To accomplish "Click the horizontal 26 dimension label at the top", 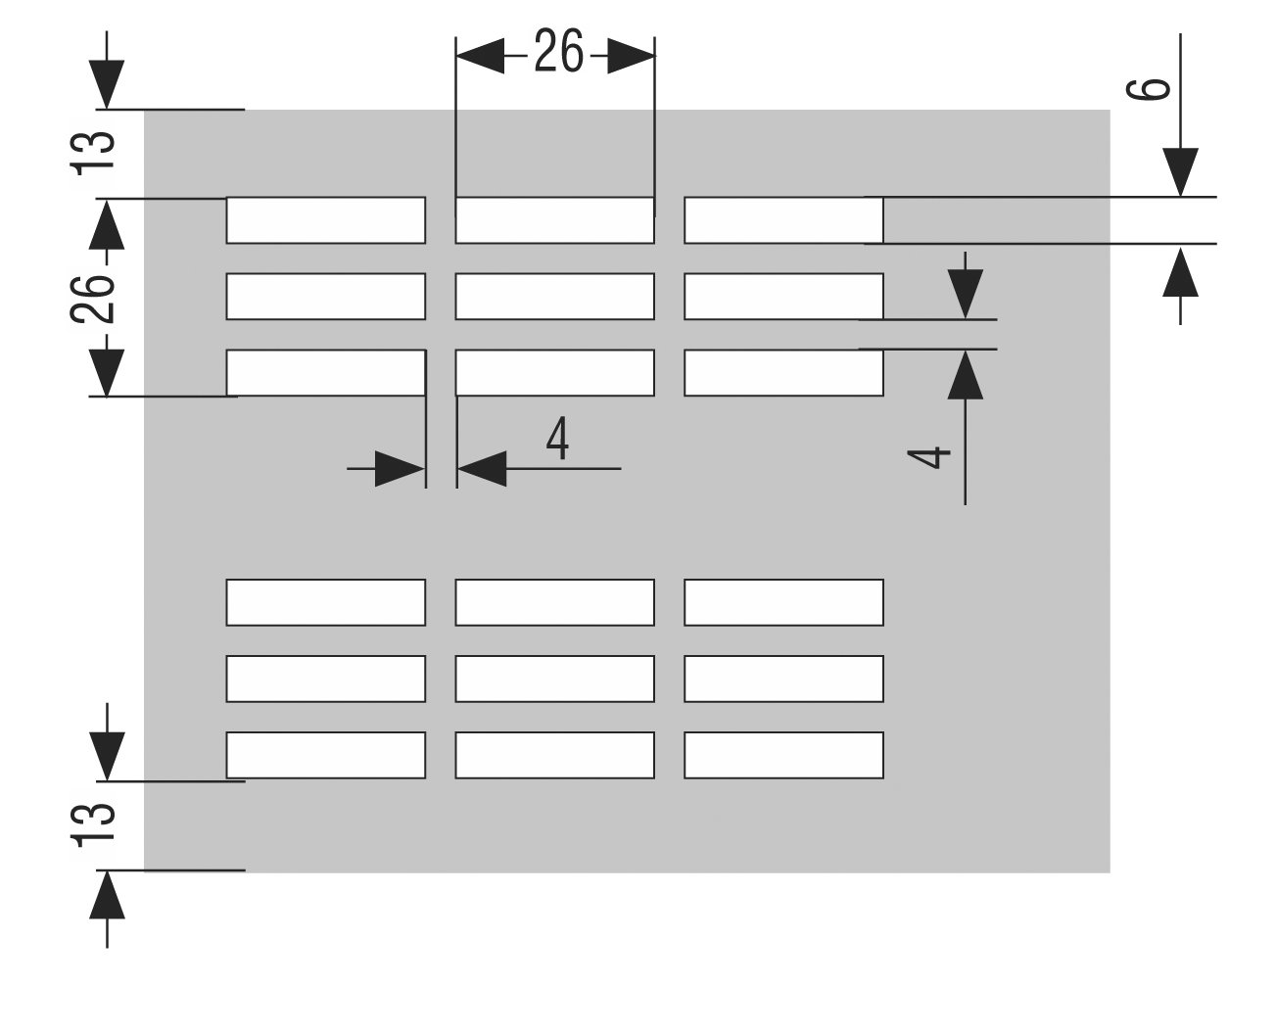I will (558, 55).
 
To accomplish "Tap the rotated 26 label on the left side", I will (96, 299).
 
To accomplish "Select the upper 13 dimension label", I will (96, 152).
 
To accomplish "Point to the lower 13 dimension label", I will (96, 823).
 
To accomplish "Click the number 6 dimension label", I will (1156, 89).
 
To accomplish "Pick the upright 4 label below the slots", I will (557, 441).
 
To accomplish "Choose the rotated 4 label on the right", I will (937, 457).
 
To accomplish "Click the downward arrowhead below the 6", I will (1182, 172).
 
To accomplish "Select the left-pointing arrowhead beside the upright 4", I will (481, 469).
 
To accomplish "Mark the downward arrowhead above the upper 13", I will (107, 83).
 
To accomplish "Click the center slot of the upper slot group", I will (554, 297).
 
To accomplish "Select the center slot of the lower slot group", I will (554, 679).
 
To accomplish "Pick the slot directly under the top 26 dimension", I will (554, 220).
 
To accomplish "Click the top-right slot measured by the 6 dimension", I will (783, 220).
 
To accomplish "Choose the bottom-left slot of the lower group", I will (325, 755).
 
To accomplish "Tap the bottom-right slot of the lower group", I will (783, 755).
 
